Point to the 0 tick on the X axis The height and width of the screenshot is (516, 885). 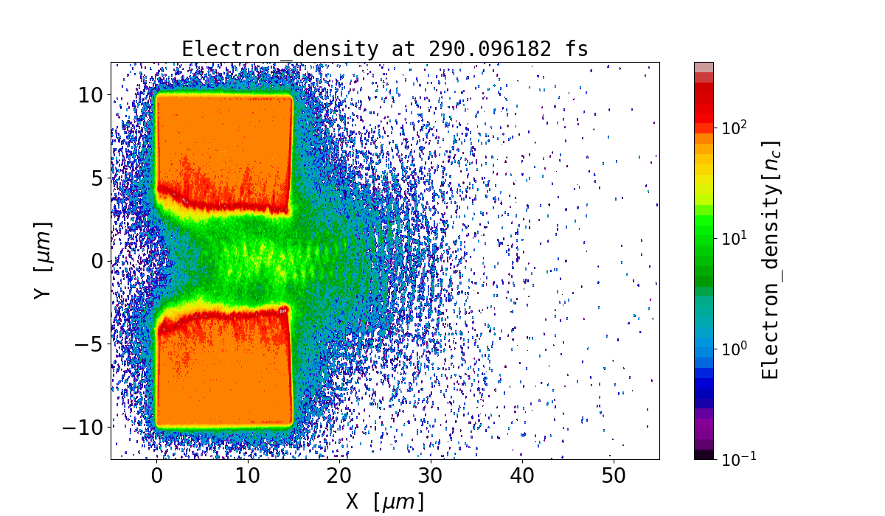coord(157,476)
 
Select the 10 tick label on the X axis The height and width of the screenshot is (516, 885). coord(249,476)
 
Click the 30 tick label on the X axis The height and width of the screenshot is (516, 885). coord(431,476)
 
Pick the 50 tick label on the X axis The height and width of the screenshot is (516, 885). coord(614,476)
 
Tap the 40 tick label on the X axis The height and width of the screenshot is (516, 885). coord(522,476)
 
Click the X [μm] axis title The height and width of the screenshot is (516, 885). coord(385,502)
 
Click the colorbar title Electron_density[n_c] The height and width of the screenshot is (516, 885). coord(771,260)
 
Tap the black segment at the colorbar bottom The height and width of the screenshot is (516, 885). coord(704,455)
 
